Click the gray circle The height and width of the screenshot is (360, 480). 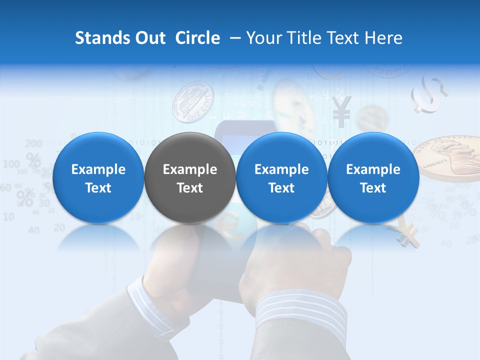(190, 177)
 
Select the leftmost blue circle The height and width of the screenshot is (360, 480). (98, 177)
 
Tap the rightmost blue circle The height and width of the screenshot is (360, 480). (373, 177)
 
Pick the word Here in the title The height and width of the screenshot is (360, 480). (384, 38)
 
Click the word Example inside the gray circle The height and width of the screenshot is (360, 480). (190, 169)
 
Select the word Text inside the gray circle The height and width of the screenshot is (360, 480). (190, 188)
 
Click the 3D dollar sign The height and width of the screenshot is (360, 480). (429, 93)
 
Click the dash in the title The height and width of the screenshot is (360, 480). (233, 38)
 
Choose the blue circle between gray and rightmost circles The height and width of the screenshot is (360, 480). (281, 177)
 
